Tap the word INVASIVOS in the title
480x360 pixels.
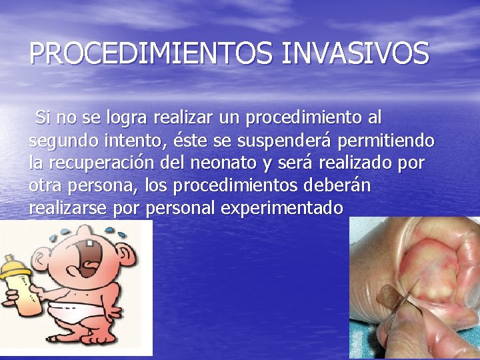click(x=355, y=53)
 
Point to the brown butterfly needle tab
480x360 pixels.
click(x=389, y=296)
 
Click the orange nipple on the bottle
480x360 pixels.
click(x=9, y=258)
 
